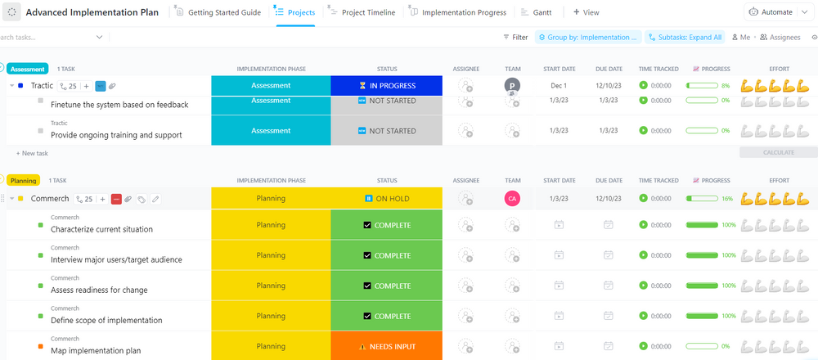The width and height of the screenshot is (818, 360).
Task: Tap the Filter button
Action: (x=515, y=37)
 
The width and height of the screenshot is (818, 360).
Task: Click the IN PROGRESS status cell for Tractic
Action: (x=386, y=85)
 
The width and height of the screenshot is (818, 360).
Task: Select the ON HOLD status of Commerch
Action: (x=386, y=198)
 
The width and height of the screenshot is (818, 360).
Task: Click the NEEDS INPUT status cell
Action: (x=386, y=346)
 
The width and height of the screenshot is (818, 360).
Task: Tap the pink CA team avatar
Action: (x=512, y=198)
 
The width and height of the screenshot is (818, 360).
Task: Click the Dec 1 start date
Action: (x=559, y=85)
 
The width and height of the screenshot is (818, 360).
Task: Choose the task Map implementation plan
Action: (x=96, y=350)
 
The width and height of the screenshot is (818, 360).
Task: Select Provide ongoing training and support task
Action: (x=116, y=135)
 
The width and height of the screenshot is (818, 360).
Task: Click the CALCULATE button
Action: (x=778, y=152)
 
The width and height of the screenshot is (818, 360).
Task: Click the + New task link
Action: (x=32, y=153)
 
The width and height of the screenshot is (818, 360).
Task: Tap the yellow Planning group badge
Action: (x=24, y=180)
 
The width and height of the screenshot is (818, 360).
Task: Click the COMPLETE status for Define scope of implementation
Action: (x=386, y=316)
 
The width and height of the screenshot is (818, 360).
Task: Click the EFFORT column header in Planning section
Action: (x=778, y=180)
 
